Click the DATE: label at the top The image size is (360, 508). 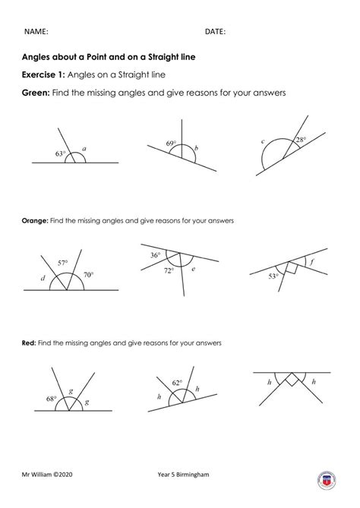tap(215, 31)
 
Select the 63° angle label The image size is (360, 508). tap(61, 154)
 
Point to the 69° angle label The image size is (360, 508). tap(171, 143)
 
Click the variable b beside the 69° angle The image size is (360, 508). tap(196, 150)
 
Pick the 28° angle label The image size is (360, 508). tap(301, 140)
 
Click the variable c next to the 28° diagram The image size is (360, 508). tap(262, 141)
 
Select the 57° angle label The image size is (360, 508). tap(63, 262)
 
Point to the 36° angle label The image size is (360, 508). tap(155, 255)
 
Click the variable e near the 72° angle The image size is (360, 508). tap(194, 269)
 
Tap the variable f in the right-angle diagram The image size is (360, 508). tap(313, 265)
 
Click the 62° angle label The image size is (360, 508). tap(178, 383)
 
